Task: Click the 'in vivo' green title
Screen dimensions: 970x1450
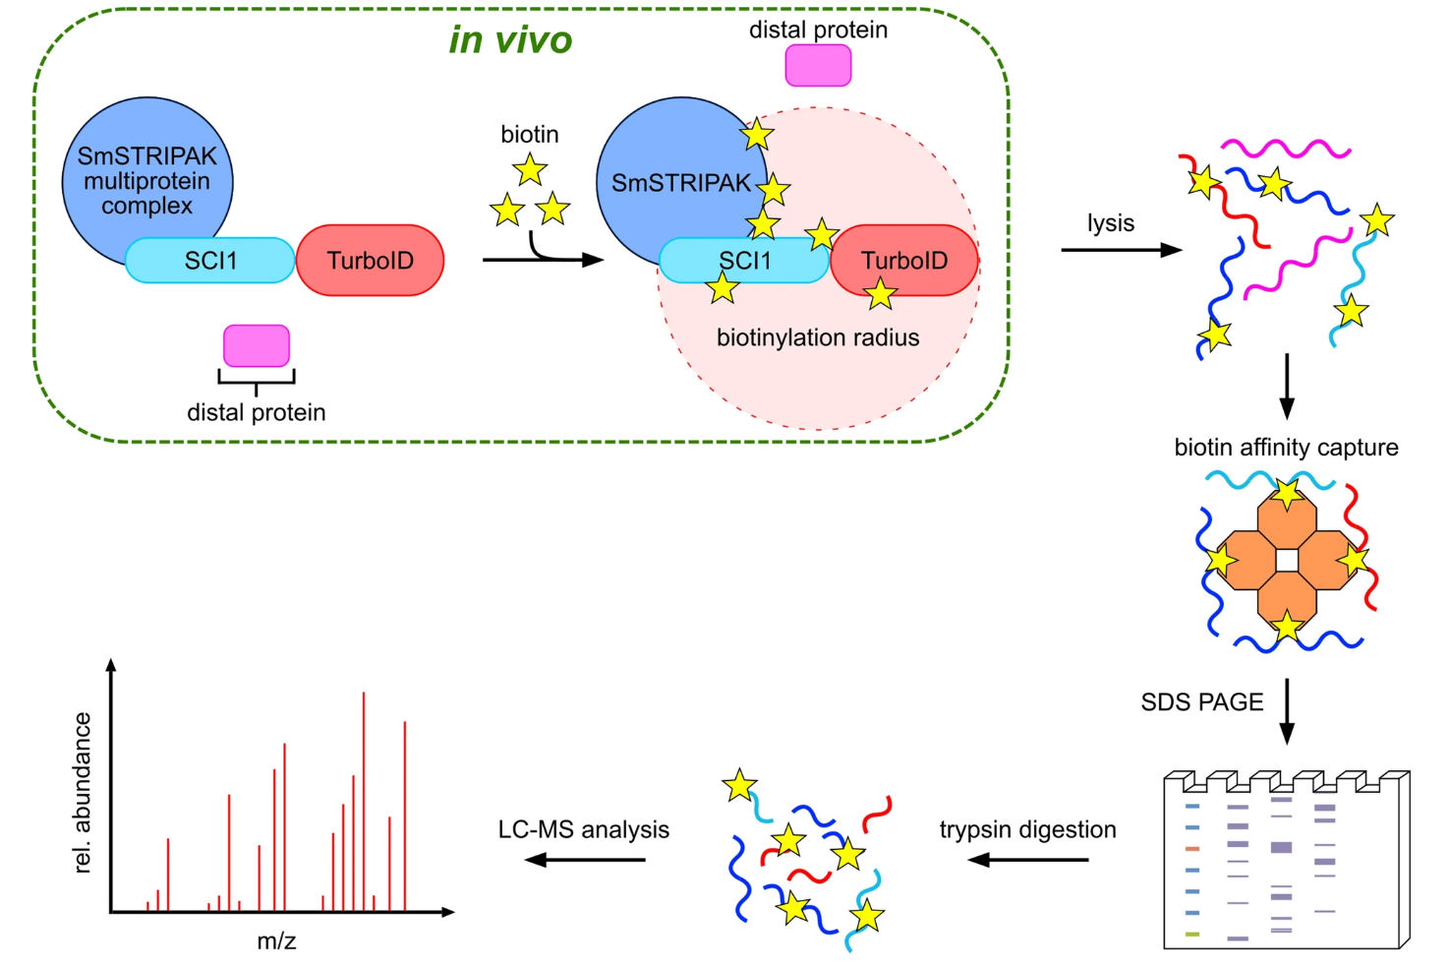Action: [510, 40]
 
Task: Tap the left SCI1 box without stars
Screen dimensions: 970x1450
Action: [210, 261]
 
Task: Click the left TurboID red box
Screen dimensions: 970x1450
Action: [370, 261]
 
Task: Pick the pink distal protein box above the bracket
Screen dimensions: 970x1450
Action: [257, 345]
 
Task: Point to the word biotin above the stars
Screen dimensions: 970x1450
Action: [530, 134]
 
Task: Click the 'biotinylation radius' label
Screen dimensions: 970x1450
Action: [818, 337]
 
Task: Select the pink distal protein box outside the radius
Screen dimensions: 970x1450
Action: [818, 66]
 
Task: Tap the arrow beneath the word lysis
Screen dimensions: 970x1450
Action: [1121, 250]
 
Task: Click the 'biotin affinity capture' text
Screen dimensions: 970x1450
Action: [1286, 448]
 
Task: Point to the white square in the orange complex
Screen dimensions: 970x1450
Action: [1287, 561]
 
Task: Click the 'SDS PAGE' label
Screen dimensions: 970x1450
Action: [1202, 702]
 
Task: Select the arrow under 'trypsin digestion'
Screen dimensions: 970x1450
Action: [1028, 860]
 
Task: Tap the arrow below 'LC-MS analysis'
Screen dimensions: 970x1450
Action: [585, 860]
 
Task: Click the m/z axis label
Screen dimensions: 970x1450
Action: [276, 941]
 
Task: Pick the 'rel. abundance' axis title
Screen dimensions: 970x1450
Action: [83, 793]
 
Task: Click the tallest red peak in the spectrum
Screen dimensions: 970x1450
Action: [364, 802]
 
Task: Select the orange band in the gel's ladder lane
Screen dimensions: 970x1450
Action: [1192, 848]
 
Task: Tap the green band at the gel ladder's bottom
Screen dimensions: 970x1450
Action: [1192, 934]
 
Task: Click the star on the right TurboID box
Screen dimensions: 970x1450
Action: [880, 293]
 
